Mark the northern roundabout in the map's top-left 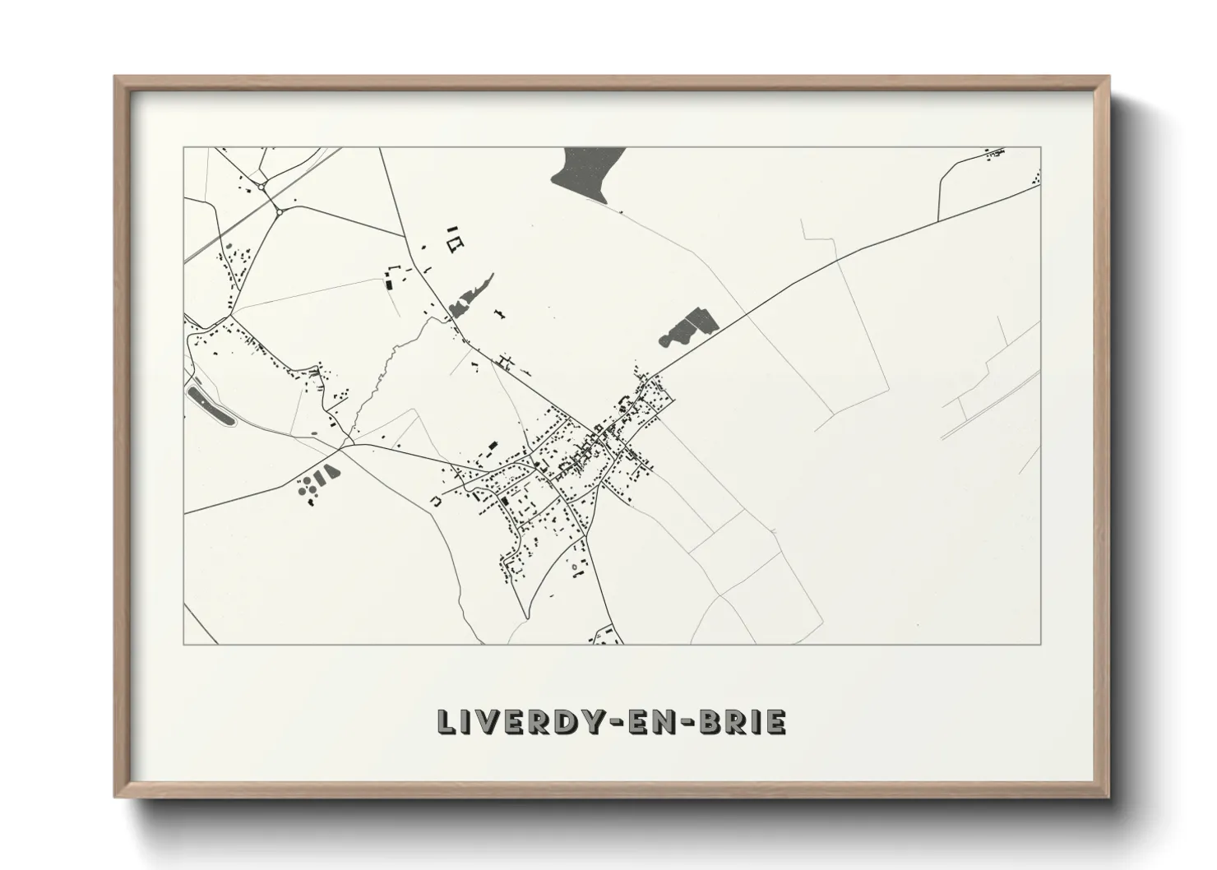pos(261,187)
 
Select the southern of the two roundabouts pos(280,211)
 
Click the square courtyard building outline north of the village pos(455,243)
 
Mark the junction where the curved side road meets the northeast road pos(938,220)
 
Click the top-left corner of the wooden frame pos(116,77)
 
